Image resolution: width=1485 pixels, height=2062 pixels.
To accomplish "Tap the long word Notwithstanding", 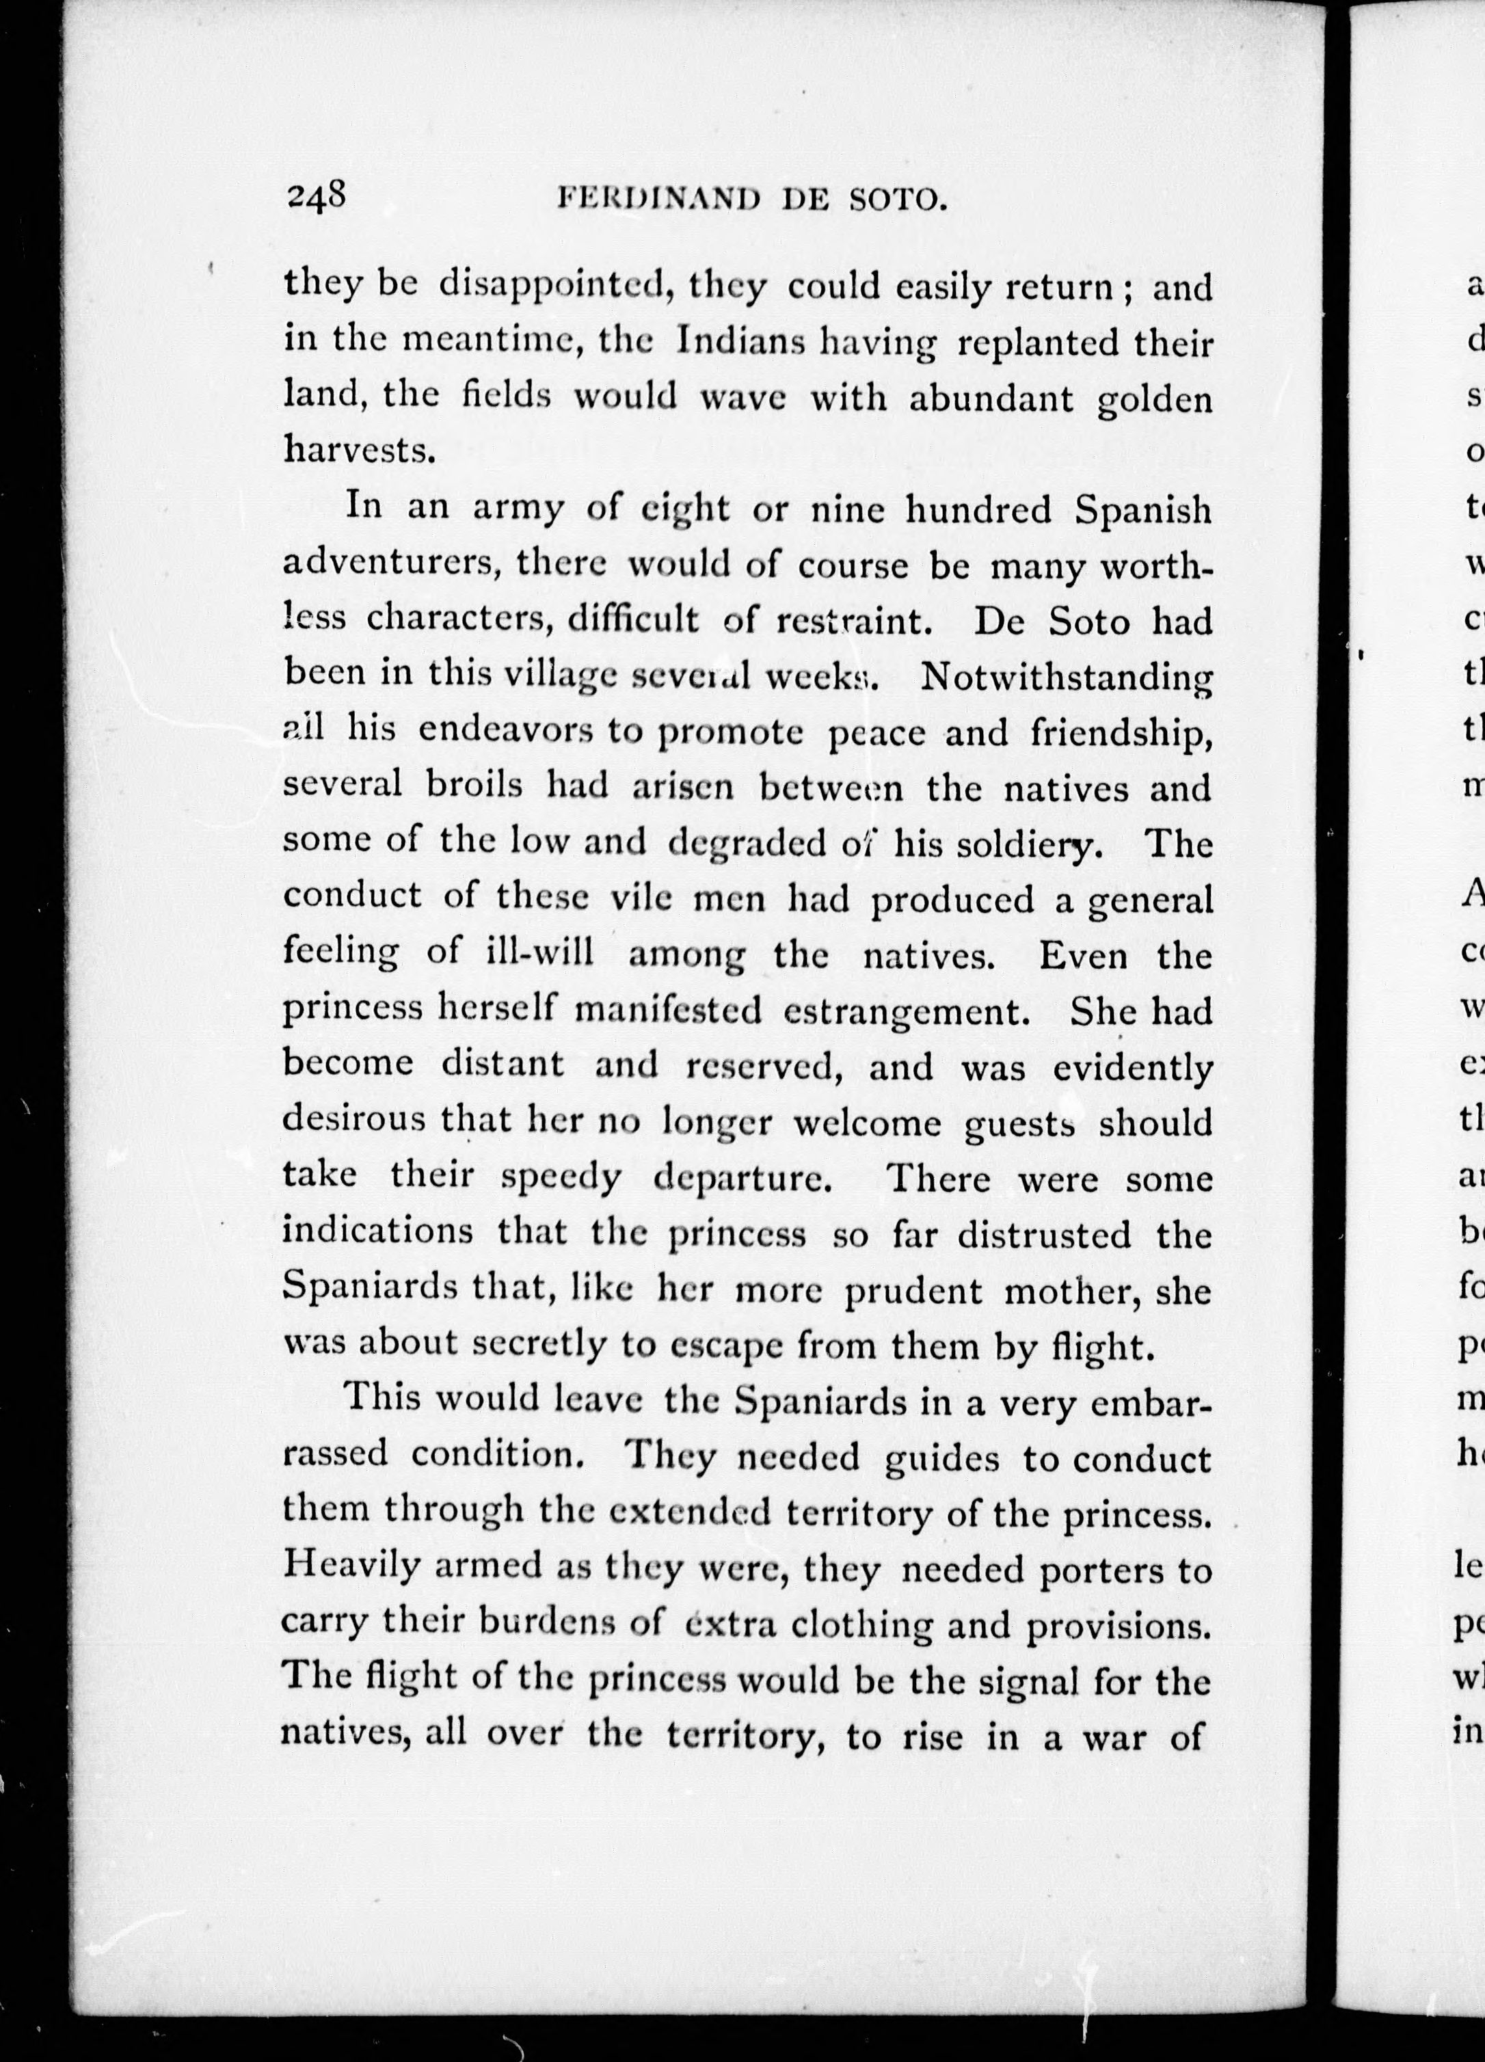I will pos(1067,678).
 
